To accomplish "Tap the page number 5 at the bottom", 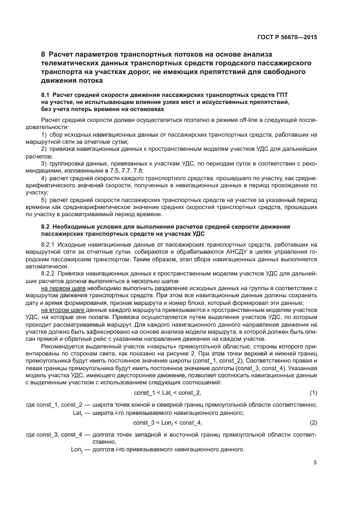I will tap(315, 463).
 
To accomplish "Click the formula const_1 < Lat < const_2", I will tap(167, 393).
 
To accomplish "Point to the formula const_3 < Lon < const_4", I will tap(167, 422).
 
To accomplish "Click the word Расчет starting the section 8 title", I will tap(63, 55).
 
